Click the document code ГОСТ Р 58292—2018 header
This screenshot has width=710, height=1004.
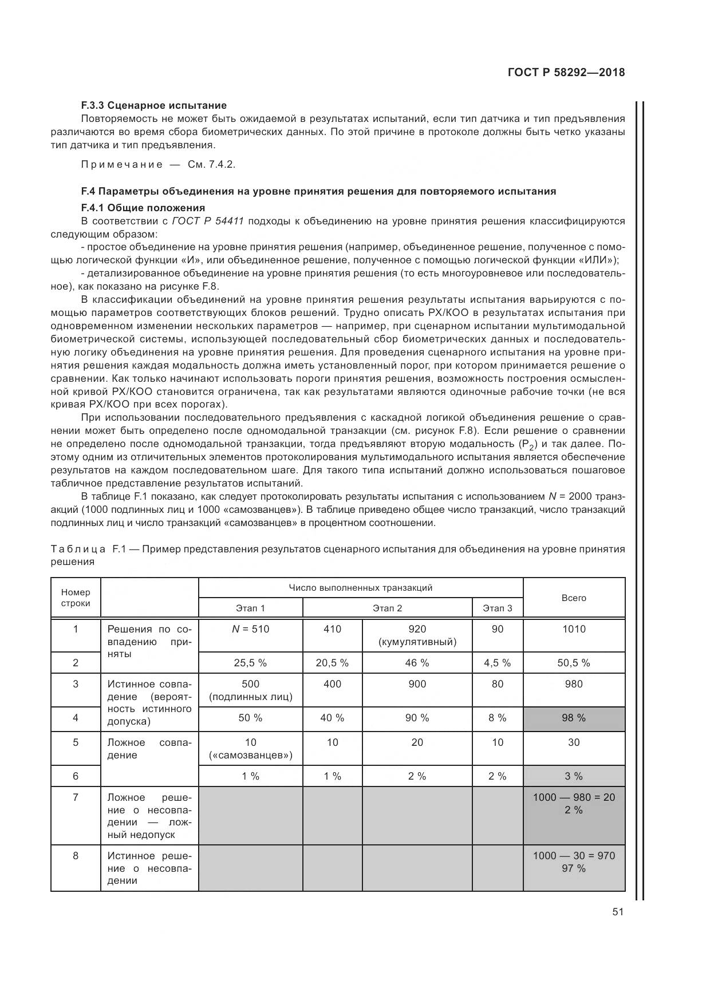(566, 73)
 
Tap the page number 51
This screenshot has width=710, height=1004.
(617, 912)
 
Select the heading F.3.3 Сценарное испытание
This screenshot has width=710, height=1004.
(153, 105)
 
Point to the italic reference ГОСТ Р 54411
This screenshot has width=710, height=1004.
(207, 221)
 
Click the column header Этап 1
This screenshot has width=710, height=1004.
(250, 608)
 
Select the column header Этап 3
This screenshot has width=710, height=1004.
(497, 608)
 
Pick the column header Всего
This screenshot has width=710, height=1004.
(574, 598)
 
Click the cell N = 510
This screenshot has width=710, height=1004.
(250, 629)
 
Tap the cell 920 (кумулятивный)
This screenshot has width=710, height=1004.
(417, 635)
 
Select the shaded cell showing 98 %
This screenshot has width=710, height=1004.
(574, 718)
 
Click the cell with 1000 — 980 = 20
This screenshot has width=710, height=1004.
(574, 797)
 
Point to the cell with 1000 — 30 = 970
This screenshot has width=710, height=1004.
(574, 856)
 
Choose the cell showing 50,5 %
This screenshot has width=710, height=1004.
(574, 663)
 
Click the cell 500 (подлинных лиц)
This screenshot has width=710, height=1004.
(250, 690)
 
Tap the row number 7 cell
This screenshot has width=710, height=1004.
(76, 797)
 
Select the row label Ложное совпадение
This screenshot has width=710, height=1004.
(149, 749)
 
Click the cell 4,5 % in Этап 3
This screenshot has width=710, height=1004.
(497, 663)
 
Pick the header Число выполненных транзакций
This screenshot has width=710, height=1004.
(360, 588)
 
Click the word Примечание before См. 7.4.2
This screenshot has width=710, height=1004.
(122, 165)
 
